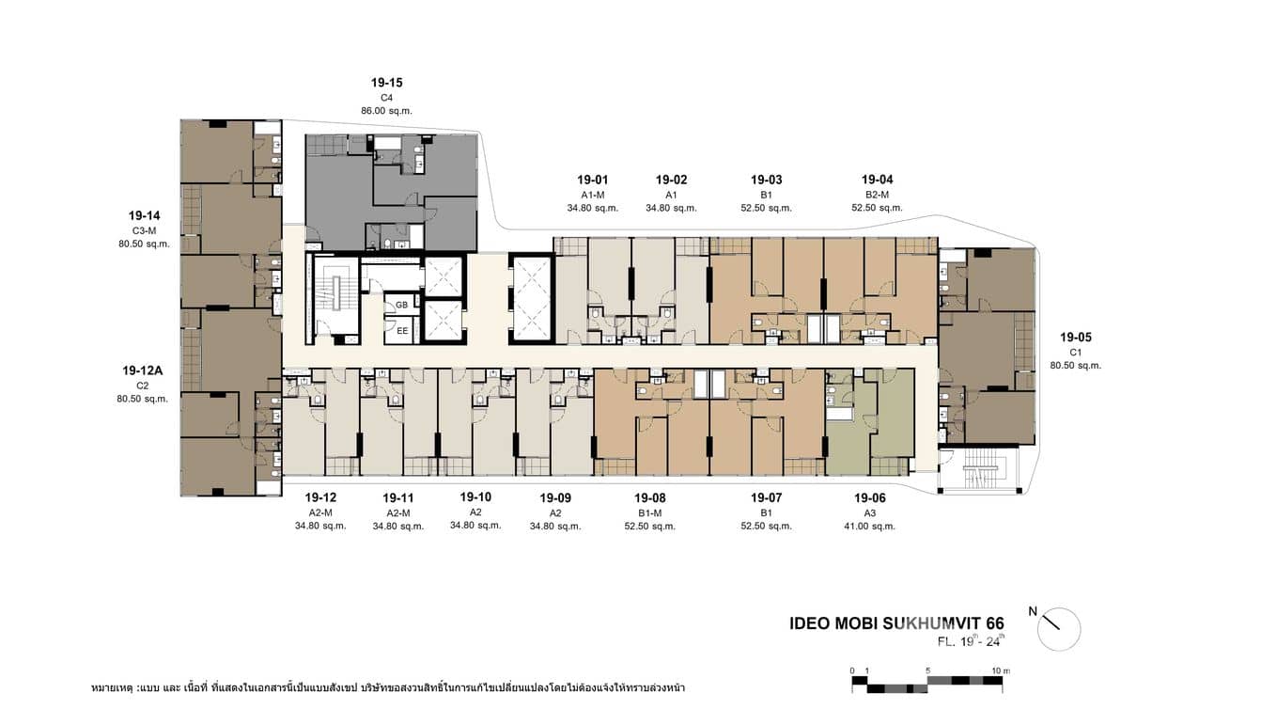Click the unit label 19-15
(386, 83)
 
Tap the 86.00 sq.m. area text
(386, 111)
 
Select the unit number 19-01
(593, 180)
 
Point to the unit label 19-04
(877, 180)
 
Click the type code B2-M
(877, 195)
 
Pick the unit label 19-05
(1076, 337)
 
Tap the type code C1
(1076, 353)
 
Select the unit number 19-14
(144, 215)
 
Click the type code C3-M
(144, 230)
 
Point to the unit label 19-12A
(143, 370)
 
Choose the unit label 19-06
(869, 497)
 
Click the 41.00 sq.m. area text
(869, 527)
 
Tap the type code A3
(869, 513)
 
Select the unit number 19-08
(649, 497)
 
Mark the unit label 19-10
(475, 496)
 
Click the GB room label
(402, 306)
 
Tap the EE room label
(402, 331)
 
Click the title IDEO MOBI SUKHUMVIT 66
(896, 623)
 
